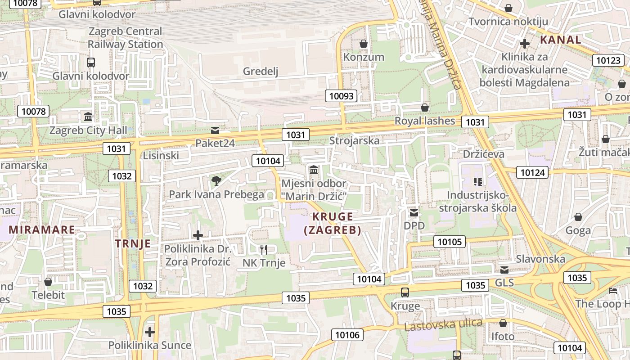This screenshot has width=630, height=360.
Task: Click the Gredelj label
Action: tap(261, 71)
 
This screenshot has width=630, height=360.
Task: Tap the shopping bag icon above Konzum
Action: tap(363, 44)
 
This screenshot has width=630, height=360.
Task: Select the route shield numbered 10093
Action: tap(342, 95)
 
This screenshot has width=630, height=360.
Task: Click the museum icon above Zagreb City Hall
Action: tap(88, 117)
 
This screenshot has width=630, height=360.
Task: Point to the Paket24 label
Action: tap(215, 143)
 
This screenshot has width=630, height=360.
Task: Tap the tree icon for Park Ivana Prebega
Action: tap(216, 181)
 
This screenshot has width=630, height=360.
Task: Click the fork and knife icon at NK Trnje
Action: tap(264, 249)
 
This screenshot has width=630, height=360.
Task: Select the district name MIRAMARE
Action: tap(42, 229)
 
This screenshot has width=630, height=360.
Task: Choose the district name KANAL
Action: tap(560, 40)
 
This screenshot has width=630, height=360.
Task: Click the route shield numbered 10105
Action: tap(450, 242)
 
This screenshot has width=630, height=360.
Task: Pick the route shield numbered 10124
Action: tap(532, 172)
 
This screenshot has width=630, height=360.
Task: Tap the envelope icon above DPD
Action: tap(414, 212)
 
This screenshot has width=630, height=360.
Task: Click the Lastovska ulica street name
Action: tap(443, 324)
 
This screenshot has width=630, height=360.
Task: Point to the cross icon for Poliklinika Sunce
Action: tap(149, 332)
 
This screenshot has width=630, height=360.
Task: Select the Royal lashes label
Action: tap(425, 121)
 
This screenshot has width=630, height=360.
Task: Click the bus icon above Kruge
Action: tap(405, 292)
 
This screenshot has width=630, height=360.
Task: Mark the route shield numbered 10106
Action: tap(347, 334)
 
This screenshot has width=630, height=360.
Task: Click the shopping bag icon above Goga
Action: tap(578, 217)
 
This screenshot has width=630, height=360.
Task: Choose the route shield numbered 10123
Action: tap(608, 60)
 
